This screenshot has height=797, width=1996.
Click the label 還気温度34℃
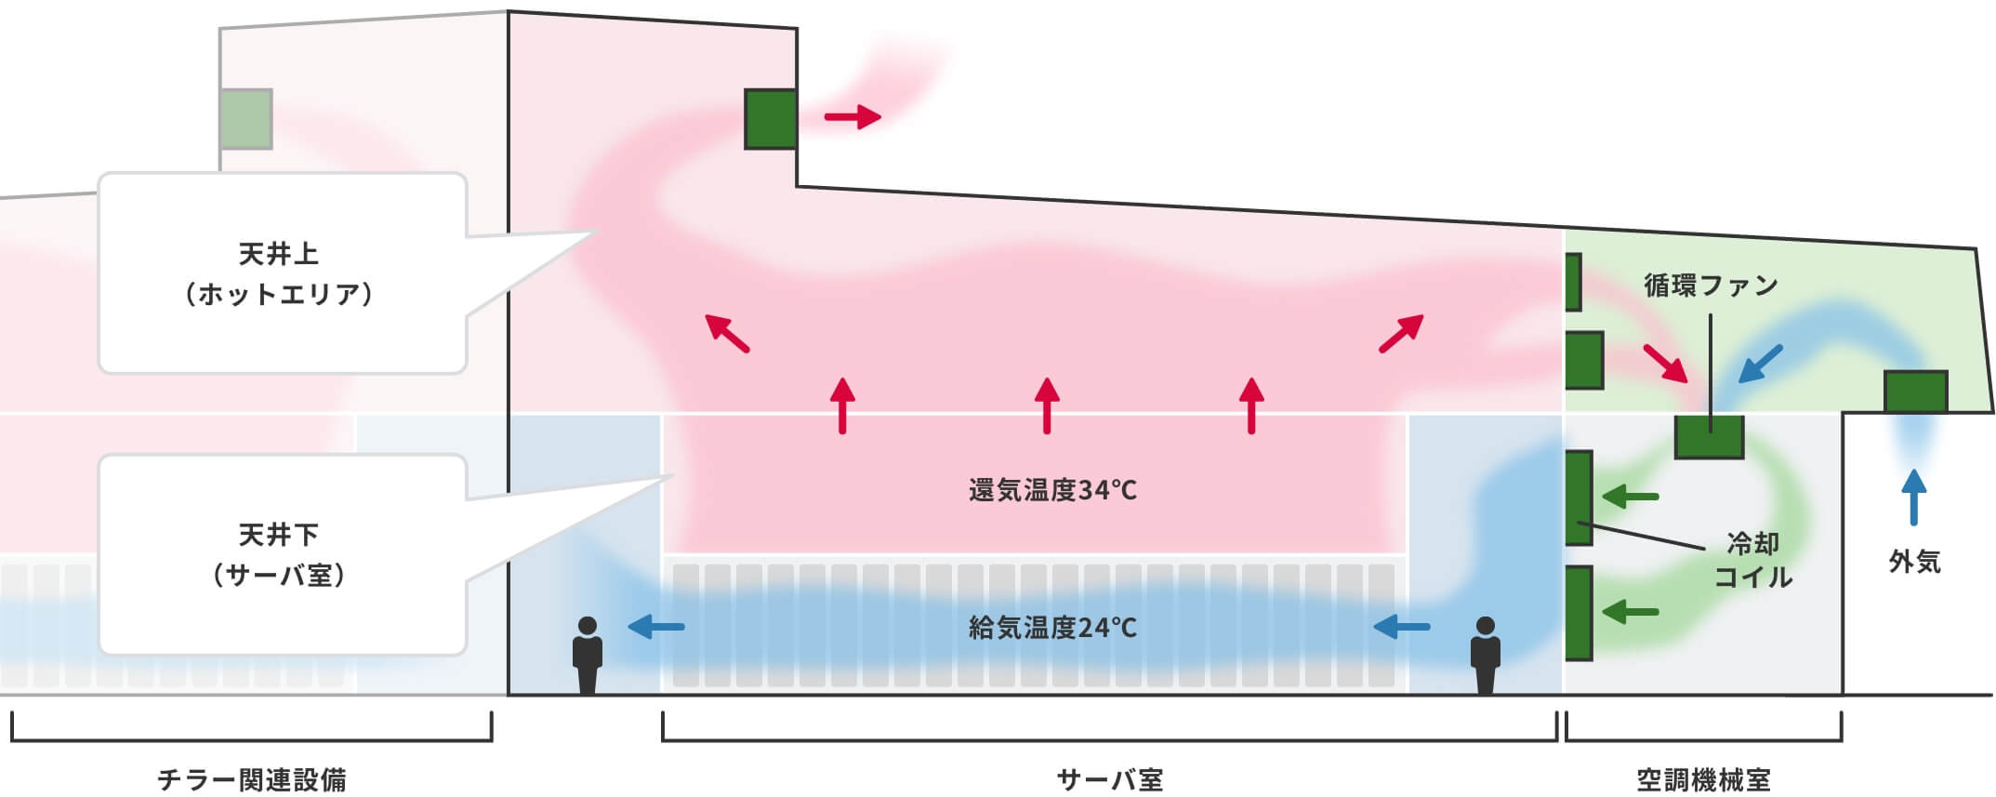[1051, 490]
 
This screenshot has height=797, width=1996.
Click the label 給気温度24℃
[1051, 628]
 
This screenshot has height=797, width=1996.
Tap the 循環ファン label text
[1711, 286]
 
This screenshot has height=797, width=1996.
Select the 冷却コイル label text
[1752, 560]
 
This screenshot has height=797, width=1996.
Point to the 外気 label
[1914, 562]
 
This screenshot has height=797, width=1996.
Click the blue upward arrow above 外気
[1913, 498]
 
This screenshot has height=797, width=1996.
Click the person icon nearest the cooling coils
[1485, 655]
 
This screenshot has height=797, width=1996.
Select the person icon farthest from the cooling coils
[587, 655]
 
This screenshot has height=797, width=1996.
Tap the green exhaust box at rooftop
[771, 119]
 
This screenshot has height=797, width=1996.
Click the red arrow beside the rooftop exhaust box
[853, 117]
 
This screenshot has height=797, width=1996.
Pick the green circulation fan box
[1709, 437]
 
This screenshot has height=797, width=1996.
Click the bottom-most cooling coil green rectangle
[1579, 613]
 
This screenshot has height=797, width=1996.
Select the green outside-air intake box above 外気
[1915, 392]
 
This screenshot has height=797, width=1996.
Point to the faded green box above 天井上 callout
[246, 119]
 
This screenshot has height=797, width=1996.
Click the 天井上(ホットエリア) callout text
[279, 273]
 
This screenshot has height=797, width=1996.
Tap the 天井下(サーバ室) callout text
[279, 554]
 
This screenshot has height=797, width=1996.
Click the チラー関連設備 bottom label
[252, 779]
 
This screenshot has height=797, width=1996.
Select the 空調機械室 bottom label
[1703, 779]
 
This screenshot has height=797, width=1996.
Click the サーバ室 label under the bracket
[1109, 779]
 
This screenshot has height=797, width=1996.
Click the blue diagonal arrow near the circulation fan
[1760, 364]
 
